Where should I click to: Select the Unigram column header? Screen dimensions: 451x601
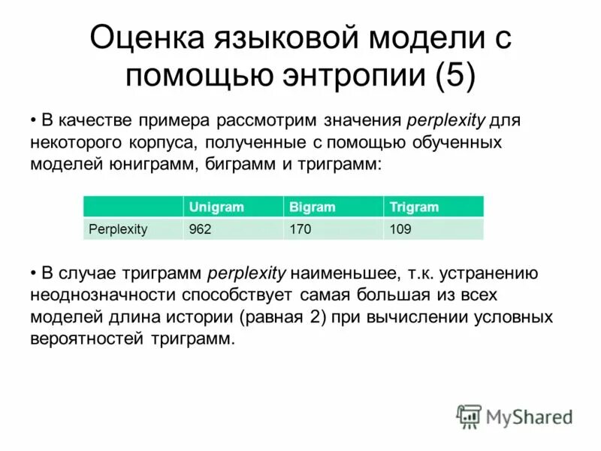[x=217, y=207]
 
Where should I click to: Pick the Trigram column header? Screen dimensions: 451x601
[x=414, y=207]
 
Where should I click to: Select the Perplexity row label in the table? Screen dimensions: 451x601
[x=118, y=229]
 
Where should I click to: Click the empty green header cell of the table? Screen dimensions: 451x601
[x=133, y=207]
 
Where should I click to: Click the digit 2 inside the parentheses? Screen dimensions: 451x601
[x=311, y=316]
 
